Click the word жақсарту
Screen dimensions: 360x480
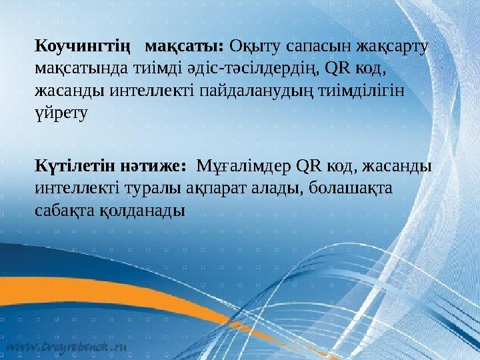coord(393,47)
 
